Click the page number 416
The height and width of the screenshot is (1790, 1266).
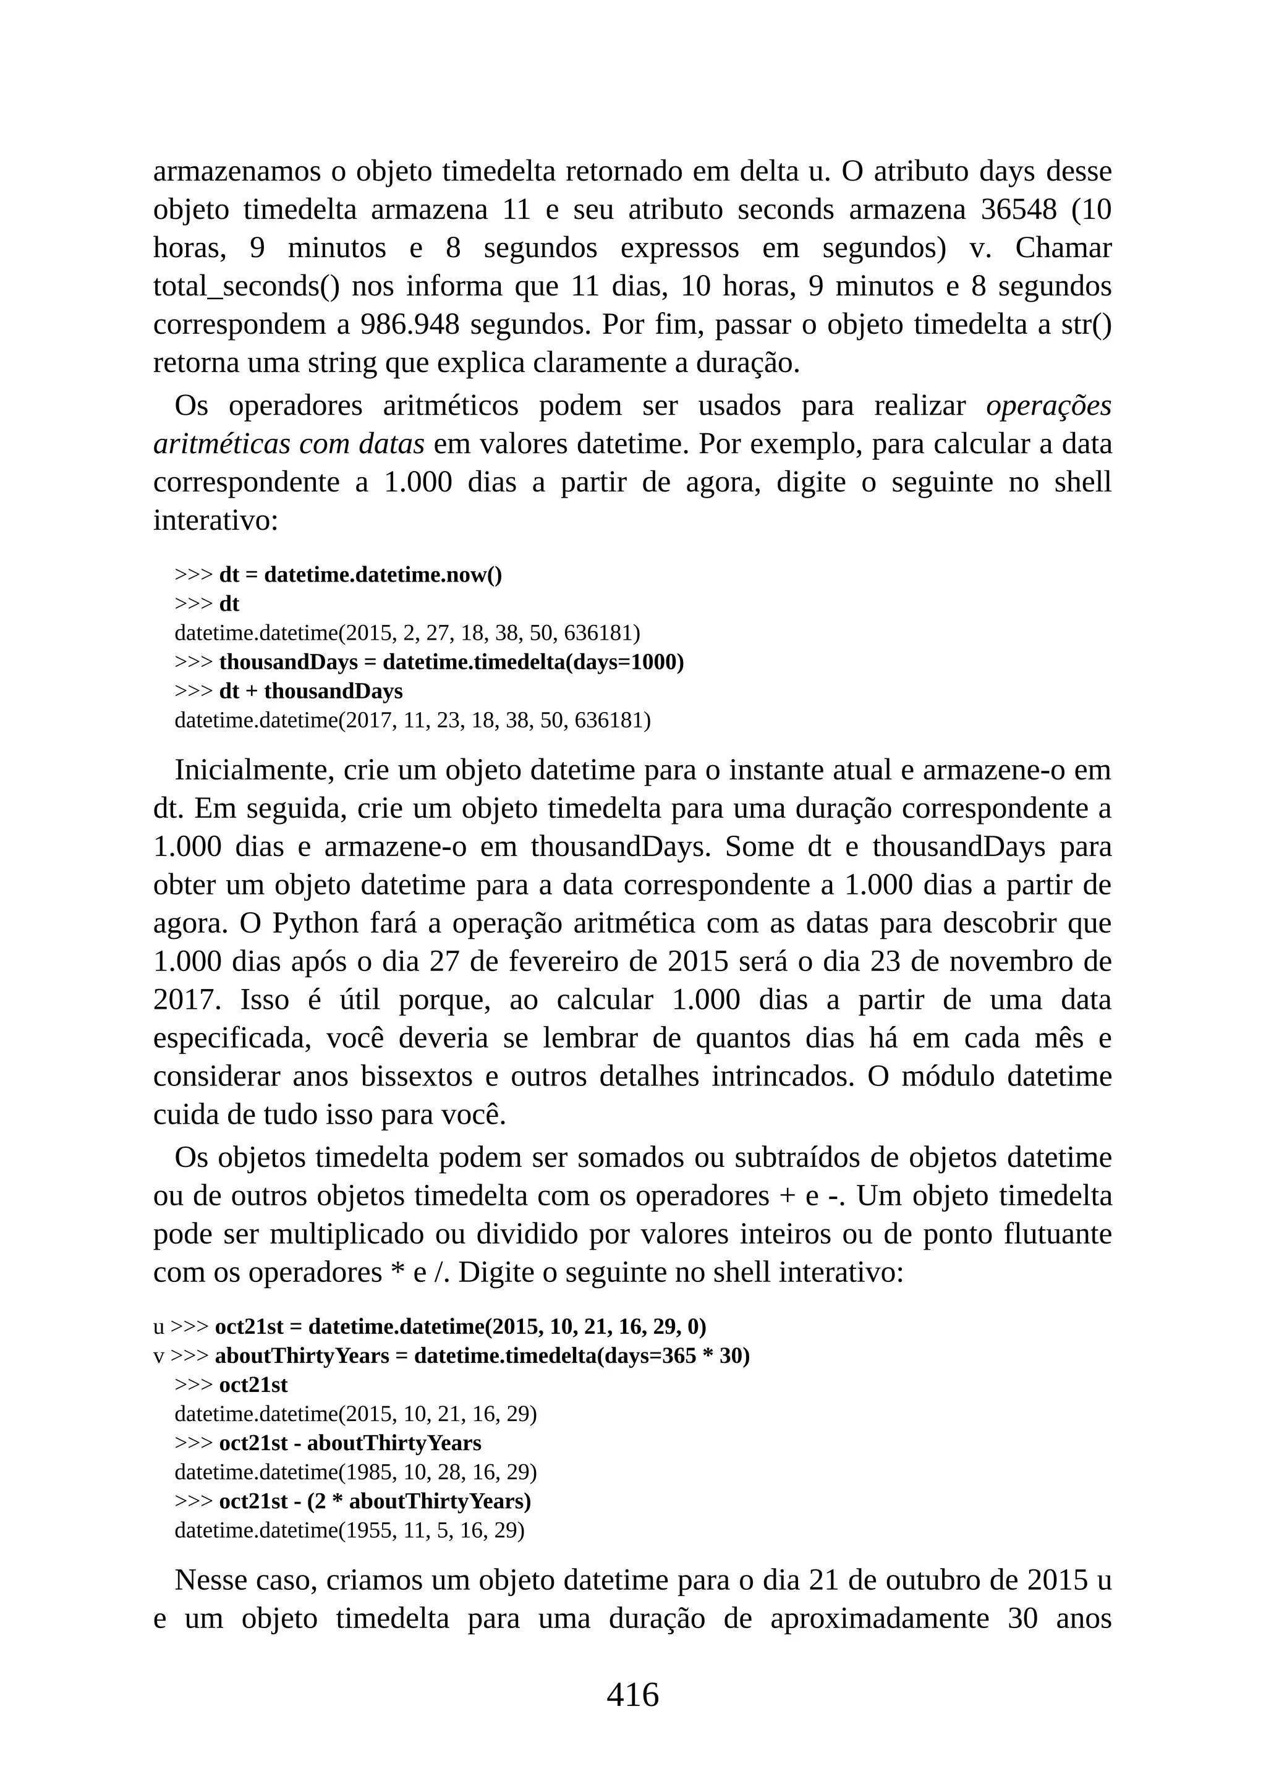tap(632, 1694)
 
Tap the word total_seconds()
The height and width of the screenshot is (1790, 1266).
tap(247, 287)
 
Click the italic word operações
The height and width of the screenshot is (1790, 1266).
tap(1048, 405)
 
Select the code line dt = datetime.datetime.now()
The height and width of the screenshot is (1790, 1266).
tap(360, 575)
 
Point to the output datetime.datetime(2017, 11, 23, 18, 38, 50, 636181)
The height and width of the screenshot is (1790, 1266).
tap(412, 720)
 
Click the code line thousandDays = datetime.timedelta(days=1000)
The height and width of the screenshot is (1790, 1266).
tap(451, 663)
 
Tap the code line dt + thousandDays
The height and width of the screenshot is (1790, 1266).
tap(310, 692)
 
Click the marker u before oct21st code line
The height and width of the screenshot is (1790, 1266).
tap(158, 1327)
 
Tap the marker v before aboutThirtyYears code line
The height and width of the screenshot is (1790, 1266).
tap(158, 1357)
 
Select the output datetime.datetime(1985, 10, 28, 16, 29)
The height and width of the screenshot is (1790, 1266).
tap(355, 1473)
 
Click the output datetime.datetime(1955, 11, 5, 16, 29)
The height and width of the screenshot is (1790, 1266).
tap(349, 1530)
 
